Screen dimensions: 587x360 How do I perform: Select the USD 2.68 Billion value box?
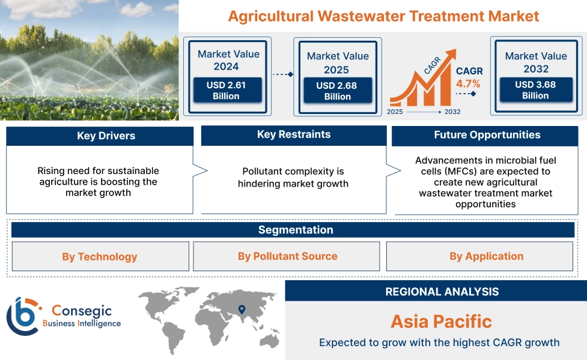pos(338,91)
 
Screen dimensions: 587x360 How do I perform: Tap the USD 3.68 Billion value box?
pos(536,90)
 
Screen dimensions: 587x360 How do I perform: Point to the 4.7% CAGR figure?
pos(468,83)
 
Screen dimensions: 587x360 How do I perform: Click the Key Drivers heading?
pos(106,136)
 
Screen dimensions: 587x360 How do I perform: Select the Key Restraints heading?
pos(294,134)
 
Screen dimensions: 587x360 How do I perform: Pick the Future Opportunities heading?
pos(487,135)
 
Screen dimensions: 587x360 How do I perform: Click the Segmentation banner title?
pos(296,230)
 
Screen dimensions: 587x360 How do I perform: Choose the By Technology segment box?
pos(100,256)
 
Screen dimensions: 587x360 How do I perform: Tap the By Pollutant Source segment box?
pos(287,256)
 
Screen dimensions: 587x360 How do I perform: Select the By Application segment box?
pos(479,256)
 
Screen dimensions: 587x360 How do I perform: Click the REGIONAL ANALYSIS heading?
pos(442,292)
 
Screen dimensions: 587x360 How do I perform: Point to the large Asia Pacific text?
pos(442,322)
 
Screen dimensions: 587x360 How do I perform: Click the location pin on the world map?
pos(242,309)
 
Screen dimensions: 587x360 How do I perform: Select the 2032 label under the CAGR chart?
pos(452,112)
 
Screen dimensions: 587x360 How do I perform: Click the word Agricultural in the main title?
pos(270,16)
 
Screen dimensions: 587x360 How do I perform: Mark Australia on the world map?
pos(270,340)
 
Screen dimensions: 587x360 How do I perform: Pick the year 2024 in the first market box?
pos(226,67)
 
